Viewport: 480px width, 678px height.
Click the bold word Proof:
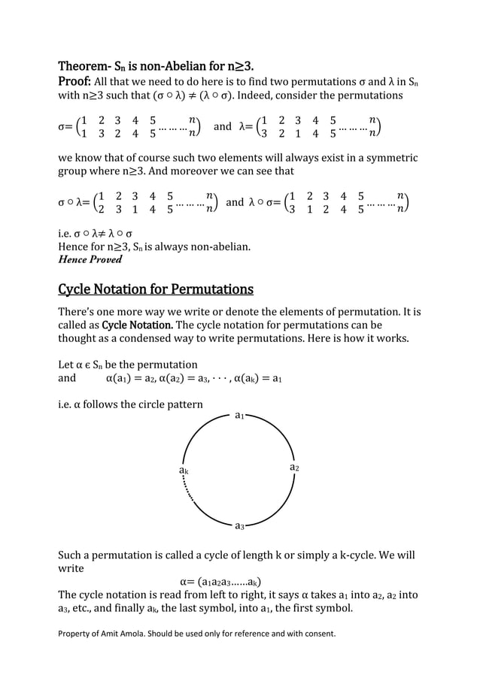click(x=74, y=81)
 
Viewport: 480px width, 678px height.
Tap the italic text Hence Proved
click(x=90, y=259)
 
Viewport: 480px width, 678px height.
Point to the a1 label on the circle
click(x=239, y=415)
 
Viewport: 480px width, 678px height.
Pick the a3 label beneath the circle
click(x=239, y=526)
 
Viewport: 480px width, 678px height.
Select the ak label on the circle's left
click(x=183, y=470)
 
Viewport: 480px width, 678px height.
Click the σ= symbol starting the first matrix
click(x=65, y=127)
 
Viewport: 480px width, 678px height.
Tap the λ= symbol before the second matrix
click(x=246, y=127)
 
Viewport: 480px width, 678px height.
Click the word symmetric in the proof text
click(x=390, y=158)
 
